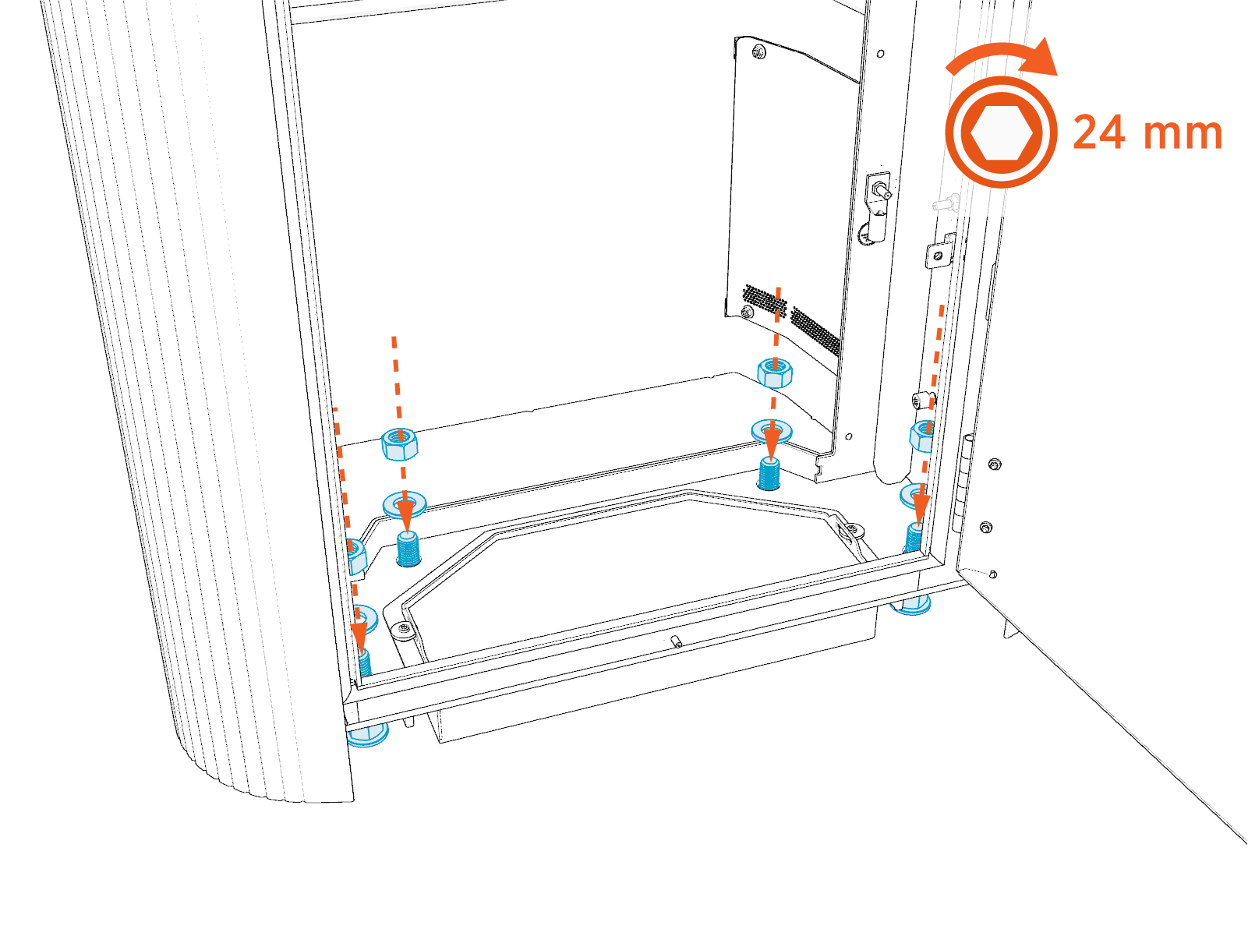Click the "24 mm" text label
(x=1147, y=132)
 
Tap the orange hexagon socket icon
(x=1002, y=132)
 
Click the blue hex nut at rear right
(x=775, y=373)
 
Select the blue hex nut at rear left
(x=400, y=444)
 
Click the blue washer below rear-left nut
(x=405, y=503)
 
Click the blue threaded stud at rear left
(x=408, y=549)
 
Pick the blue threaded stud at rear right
(x=769, y=473)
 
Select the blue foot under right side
(x=911, y=604)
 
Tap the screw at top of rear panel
(x=758, y=52)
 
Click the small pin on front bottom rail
(x=676, y=641)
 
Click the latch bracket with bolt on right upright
(x=879, y=206)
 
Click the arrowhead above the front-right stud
(x=921, y=511)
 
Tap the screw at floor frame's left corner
(x=404, y=628)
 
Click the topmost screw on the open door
(x=994, y=464)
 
